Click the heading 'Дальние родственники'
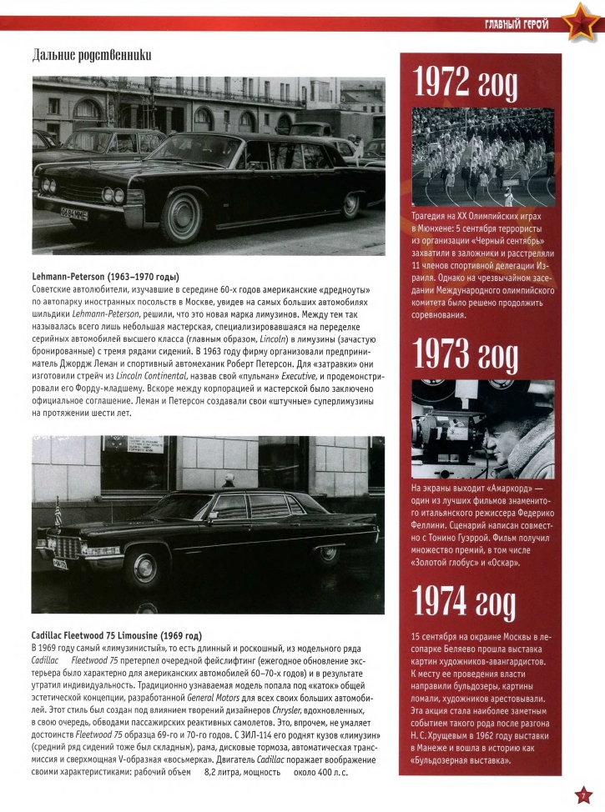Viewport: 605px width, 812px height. (x=92, y=56)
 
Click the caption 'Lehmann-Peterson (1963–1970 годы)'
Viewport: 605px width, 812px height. (x=106, y=277)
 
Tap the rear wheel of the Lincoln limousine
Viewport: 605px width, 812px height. (x=351, y=203)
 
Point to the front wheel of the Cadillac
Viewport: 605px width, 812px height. (x=144, y=570)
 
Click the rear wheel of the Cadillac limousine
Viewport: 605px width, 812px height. (x=327, y=554)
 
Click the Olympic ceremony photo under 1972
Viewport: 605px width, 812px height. (x=482, y=158)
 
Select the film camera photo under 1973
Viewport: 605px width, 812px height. (x=482, y=430)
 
